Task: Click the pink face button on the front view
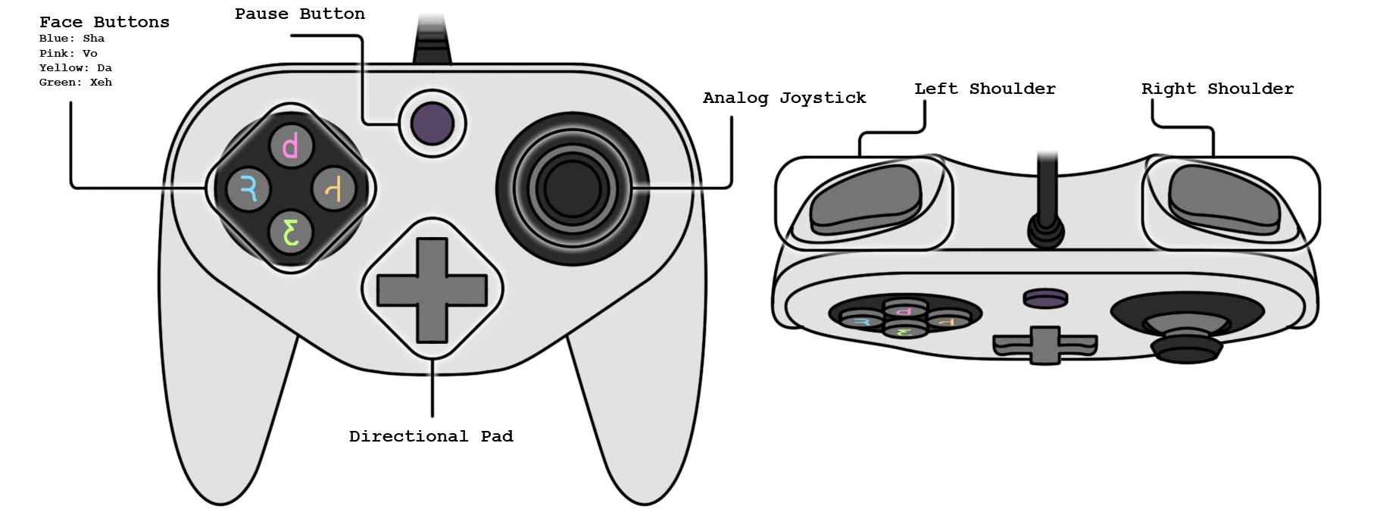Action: coord(292,145)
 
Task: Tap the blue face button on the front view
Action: coord(248,188)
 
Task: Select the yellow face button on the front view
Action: coord(334,188)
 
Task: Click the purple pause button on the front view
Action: coord(432,123)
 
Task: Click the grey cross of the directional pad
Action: coord(432,290)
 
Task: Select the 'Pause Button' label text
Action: coord(299,14)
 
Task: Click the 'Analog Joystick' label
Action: coord(784,98)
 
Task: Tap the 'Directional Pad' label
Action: coord(431,436)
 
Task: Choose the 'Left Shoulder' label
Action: coord(985,89)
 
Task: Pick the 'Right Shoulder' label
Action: coord(1217,89)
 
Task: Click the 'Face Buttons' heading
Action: coord(105,22)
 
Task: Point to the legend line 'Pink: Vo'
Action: coord(68,53)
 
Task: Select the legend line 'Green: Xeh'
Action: coord(76,82)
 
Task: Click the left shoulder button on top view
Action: coord(865,199)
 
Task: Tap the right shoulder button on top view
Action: coord(1225,199)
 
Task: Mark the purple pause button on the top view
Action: coord(1045,298)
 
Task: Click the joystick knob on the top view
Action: coord(1186,347)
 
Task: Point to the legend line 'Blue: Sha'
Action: coord(72,38)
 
